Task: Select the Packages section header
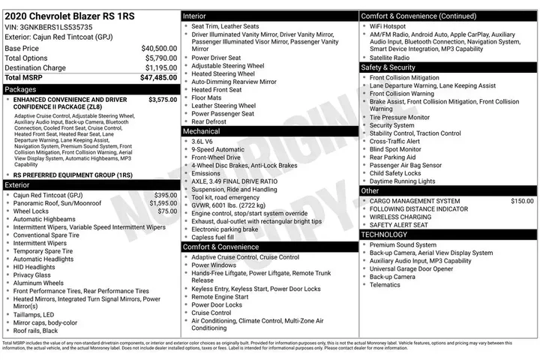pyautogui.click(x=21, y=88)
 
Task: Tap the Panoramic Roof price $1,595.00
pyautogui.click(x=163, y=203)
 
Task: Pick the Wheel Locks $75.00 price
pyautogui.click(x=167, y=211)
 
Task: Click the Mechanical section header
pyautogui.click(x=202, y=131)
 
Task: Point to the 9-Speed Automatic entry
pyautogui.click(x=218, y=149)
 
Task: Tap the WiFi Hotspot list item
pyautogui.click(x=394, y=26)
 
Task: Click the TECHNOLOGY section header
pyautogui.click(x=384, y=235)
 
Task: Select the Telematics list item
pyautogui.click(x=385, y=285)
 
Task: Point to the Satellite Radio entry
pyautogui.click(x=390, y=57)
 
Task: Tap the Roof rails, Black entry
pyautogui.click(x=35, y=331)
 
